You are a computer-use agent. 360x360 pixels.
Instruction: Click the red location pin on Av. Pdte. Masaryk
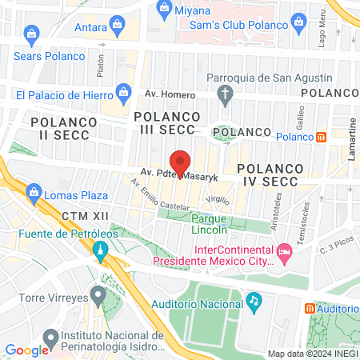tap(180, 162)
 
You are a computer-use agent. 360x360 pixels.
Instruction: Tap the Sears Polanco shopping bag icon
tap(32, 34)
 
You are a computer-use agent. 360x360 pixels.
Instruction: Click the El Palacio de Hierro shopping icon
tap(125, 93)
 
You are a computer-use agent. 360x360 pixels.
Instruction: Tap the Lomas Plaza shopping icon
tap(34, 193)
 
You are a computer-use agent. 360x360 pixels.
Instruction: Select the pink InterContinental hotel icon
tap(285, 254)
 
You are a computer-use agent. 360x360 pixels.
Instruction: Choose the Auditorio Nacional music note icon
tap(254, 301)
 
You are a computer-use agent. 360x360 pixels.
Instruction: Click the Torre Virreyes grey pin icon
tap(98, 296)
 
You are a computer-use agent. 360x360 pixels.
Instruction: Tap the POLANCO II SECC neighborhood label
tap(63, 130)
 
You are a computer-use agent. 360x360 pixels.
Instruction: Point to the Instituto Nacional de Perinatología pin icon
tap(50, 336)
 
